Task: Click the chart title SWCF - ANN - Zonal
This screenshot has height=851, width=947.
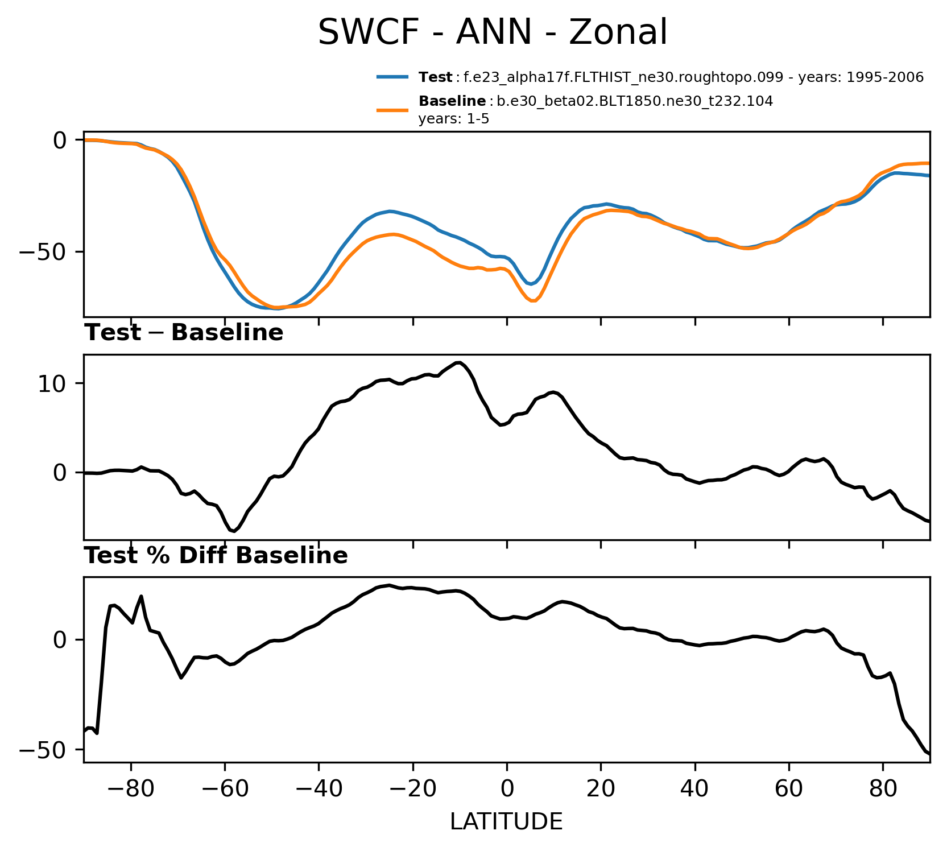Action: pos(492,32)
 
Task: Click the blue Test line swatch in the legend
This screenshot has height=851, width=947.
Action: pos(392,77)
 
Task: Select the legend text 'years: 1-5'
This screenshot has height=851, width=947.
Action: pos(453,119)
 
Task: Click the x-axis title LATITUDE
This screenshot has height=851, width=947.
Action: pos(506,821)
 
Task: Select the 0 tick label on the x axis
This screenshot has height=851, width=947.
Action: pos(507,790)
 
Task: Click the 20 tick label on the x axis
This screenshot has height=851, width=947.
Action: pos(601,790)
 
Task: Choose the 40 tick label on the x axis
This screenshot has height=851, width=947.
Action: pos(695,790)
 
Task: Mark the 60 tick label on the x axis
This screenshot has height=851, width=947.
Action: pos(789,790)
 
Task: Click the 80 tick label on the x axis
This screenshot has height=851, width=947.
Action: pos(883,790)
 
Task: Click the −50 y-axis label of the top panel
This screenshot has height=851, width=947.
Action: pos(43,251)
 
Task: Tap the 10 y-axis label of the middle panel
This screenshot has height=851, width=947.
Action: pos(52,383)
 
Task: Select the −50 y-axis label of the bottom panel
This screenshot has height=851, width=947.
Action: pos(43,750)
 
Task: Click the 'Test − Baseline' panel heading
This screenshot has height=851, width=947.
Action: pos(184,333)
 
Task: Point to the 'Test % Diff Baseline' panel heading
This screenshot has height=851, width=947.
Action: pos(216,556)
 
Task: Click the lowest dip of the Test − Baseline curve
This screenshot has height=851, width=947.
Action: pos(233,531)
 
